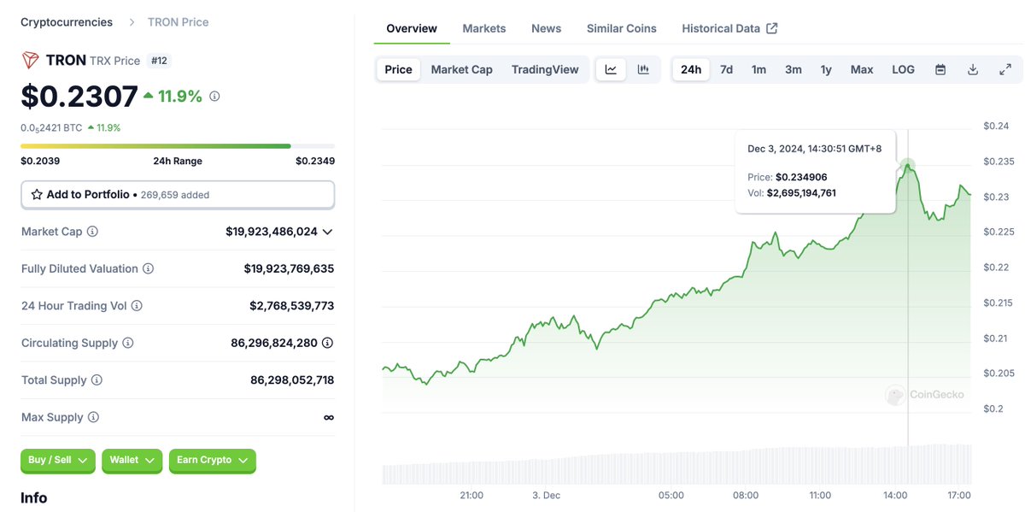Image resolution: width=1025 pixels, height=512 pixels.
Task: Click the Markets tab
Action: point(483,28)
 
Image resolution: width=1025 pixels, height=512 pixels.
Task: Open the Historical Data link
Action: point(729,28)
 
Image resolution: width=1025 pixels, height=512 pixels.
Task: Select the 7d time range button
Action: point(726,69)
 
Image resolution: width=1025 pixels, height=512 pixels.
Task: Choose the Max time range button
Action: point(861,69)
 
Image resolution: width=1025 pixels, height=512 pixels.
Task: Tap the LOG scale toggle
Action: point(903,69)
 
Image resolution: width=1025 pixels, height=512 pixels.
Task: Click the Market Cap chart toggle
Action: point(461,69)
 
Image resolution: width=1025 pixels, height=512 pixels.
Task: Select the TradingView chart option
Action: point(545,69)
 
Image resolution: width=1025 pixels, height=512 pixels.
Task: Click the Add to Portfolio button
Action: point(178,195)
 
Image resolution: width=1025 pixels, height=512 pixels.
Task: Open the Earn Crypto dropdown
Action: point(212,460)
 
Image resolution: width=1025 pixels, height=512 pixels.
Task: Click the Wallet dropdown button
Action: point(132,460)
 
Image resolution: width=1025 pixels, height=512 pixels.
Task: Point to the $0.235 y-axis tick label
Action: point(998,162)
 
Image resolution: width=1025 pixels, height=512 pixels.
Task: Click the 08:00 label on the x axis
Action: point(746,495)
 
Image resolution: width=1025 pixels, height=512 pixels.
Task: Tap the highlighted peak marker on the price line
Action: point(908,165)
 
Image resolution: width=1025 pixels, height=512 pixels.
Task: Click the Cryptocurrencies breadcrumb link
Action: point(67,22)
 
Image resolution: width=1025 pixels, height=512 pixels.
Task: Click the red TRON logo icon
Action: point(31,60)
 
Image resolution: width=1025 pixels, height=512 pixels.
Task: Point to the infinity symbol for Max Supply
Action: point(329,417)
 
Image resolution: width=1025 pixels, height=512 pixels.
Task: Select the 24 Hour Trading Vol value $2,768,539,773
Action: point(291,306)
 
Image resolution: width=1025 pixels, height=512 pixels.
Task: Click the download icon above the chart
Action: point(972,69)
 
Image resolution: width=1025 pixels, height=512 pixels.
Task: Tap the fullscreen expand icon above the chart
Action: point(1005,69)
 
